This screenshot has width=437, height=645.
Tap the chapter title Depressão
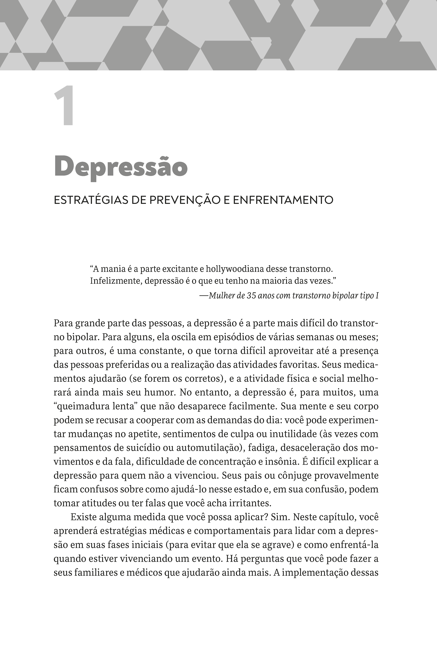pos(121,167)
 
